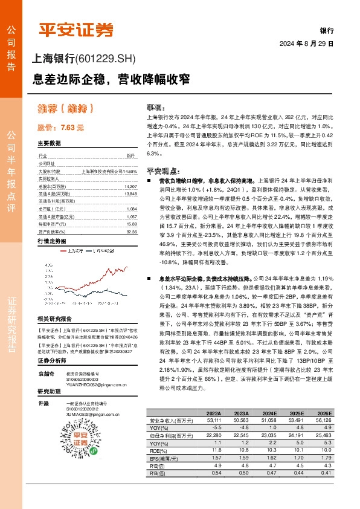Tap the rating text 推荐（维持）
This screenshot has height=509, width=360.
[x=66, y=109]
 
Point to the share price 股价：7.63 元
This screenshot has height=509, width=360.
[x=60, y=128]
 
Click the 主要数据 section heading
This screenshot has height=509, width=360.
[x=50, y=144]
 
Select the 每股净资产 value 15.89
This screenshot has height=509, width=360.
[x=131, y=224]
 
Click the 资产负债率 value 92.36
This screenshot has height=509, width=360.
[x=131, y=231]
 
